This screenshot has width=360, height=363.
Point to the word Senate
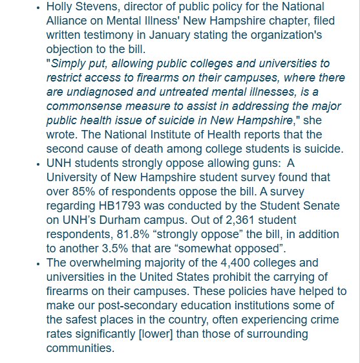[x=315, y=204]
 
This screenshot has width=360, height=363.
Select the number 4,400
[x=233, y=263]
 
